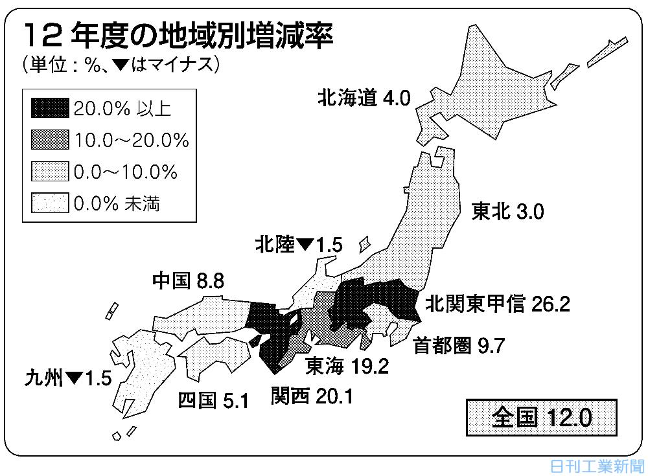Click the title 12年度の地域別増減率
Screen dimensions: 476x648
coord(178,35)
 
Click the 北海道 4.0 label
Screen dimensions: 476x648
coord(364,98)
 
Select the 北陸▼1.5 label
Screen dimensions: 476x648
coord(298,245)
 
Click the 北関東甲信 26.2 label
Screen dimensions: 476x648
coord(498,304)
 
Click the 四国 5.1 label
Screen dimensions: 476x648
coord(213,401)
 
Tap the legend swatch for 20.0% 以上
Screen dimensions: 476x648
coord(49,108)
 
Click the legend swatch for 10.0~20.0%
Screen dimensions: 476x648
coord(49,140)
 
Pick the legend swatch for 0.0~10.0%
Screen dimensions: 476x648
coord(49,172)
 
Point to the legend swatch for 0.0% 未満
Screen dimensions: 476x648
coord(49,204)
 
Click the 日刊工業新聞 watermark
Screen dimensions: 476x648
coord(597,466)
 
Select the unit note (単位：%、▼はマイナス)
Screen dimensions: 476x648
coord(121,65)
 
